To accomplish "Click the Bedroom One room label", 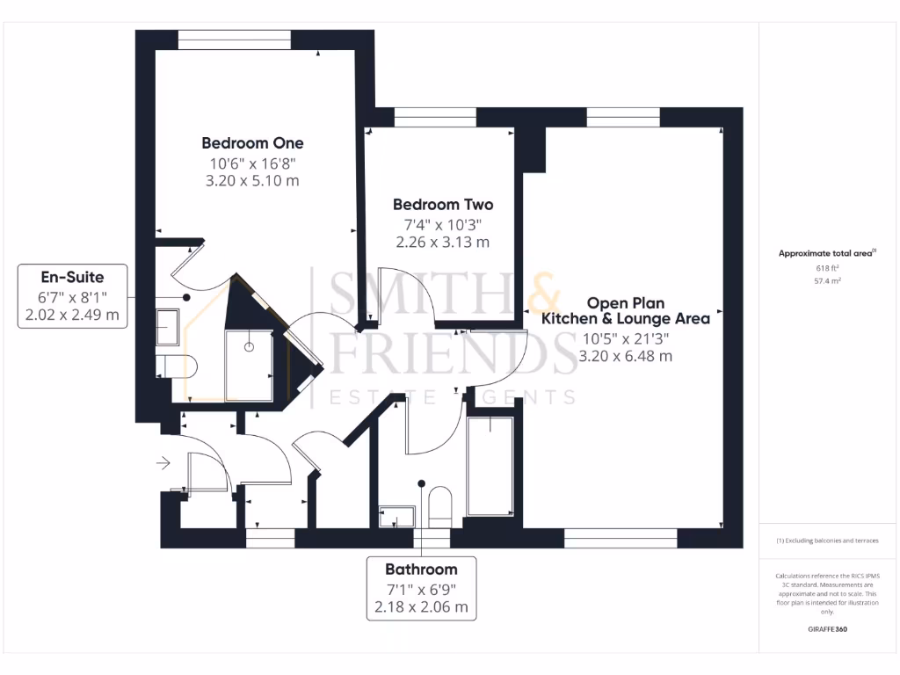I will (x=252, y=143).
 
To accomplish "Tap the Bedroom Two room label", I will (x=442, y=205).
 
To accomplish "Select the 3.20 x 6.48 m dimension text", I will (x=625, y=356).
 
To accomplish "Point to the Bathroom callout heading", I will (x=421, y=569).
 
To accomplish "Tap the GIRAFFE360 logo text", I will (x=826, y=629).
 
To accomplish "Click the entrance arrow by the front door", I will (x=163, y=461).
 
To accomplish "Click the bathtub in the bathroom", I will (x=490, y=468).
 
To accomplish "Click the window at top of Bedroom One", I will (x=234, y=40).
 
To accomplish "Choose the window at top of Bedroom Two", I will (x=435, y=117).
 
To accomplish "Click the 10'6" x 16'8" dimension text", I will (x=252, y=163).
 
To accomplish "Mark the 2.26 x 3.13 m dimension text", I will (x=442, y=242).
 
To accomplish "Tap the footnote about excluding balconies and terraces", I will (x=826, y=541).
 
